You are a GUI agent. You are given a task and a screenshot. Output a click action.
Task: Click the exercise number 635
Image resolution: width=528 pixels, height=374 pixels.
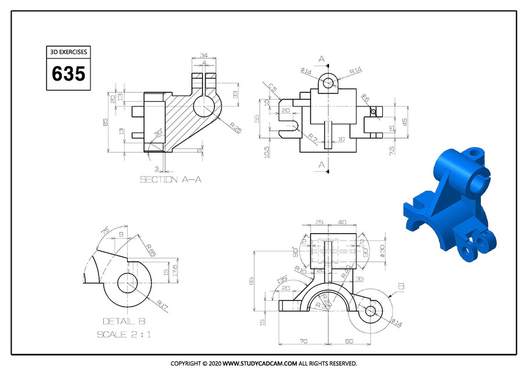pos(69,74)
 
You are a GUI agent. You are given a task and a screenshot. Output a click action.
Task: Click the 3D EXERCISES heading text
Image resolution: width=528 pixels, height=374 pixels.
pos(69,52)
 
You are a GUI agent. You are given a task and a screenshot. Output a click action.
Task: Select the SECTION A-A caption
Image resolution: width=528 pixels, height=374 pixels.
pos(171,180)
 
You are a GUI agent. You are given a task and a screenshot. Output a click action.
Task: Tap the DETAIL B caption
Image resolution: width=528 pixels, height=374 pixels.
pos(124,321)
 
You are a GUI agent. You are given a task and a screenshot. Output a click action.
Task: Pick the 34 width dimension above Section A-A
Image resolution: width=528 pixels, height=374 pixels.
pos(204,56)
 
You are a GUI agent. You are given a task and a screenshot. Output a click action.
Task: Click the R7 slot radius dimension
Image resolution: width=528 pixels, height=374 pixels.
pos(313,138)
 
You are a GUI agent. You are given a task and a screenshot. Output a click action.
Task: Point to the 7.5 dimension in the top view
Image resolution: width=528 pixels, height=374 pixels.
pos(391,149)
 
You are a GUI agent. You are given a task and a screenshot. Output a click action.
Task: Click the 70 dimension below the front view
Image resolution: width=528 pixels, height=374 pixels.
pos(303,341)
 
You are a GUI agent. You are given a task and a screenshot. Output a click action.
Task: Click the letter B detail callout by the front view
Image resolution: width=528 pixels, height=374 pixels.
pos(401,286)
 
